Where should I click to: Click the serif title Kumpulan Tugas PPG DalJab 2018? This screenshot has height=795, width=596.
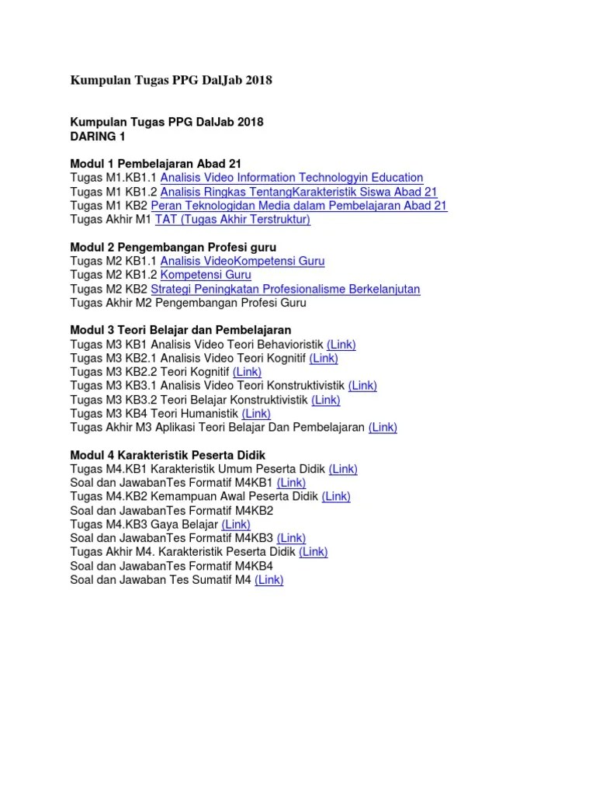171,80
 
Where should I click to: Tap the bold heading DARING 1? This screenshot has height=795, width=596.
97,136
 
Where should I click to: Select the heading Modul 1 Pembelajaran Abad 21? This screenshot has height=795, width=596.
155,164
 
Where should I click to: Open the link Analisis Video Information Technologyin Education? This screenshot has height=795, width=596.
291,178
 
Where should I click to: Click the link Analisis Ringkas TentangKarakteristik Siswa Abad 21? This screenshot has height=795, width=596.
299,192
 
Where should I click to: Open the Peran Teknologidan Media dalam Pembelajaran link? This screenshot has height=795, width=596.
299,206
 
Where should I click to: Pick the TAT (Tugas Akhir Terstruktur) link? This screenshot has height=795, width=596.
233,220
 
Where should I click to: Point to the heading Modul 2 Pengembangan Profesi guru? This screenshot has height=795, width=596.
173,247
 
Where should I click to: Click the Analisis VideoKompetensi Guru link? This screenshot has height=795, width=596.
242,261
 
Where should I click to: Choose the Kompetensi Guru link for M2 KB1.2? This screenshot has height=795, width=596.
206,275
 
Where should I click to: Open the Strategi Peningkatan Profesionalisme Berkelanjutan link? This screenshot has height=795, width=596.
286,289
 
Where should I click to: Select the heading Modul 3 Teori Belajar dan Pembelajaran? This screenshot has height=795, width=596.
181,330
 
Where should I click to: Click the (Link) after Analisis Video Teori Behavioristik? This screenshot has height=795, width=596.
341,344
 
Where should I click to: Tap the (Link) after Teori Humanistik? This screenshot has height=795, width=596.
256,414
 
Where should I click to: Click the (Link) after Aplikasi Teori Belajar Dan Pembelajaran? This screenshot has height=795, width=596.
383,427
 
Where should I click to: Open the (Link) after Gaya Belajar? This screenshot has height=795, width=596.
236,524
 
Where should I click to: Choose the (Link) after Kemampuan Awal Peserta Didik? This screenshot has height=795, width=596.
336,496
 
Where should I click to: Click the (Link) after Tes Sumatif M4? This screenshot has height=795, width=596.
269,579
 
